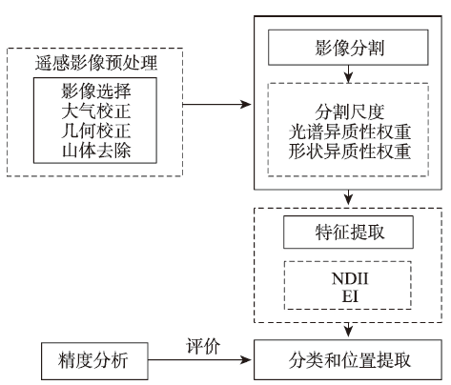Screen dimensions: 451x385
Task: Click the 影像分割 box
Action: [x=348, y=48]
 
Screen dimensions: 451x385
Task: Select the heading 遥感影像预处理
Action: [x=96, y=63]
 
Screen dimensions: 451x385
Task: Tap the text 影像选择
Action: [x=96, y=91]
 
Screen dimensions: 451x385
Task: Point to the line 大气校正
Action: [x=96, y=111]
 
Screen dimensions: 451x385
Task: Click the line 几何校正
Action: [x=96, y=131]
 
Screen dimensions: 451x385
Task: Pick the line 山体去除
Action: [x=96, y=151]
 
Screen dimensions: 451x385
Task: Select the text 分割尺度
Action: [x=349, y=111]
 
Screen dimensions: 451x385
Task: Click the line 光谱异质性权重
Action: [x=349, y=132]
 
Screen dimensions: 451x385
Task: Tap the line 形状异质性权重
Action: [x=349, y=152]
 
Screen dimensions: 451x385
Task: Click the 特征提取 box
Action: [x=348, y=233]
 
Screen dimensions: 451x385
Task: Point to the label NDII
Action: [x=350, y=278]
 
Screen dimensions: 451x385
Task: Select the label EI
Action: [x=350, y=296]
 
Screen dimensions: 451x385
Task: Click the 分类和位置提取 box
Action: [x=348, y=359]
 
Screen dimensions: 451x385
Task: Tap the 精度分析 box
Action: [x=94, y=361]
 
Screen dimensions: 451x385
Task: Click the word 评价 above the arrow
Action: [x=203, y=346]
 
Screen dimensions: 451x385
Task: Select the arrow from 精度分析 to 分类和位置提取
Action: [x=199, y=360]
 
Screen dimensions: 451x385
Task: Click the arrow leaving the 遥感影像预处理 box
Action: [x=216, y=104]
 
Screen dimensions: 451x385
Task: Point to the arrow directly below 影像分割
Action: [x=349, y=74]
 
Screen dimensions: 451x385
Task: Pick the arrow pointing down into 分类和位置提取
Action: [x=349, y=330]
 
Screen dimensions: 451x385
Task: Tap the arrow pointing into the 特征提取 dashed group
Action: [x=349, y=197]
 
